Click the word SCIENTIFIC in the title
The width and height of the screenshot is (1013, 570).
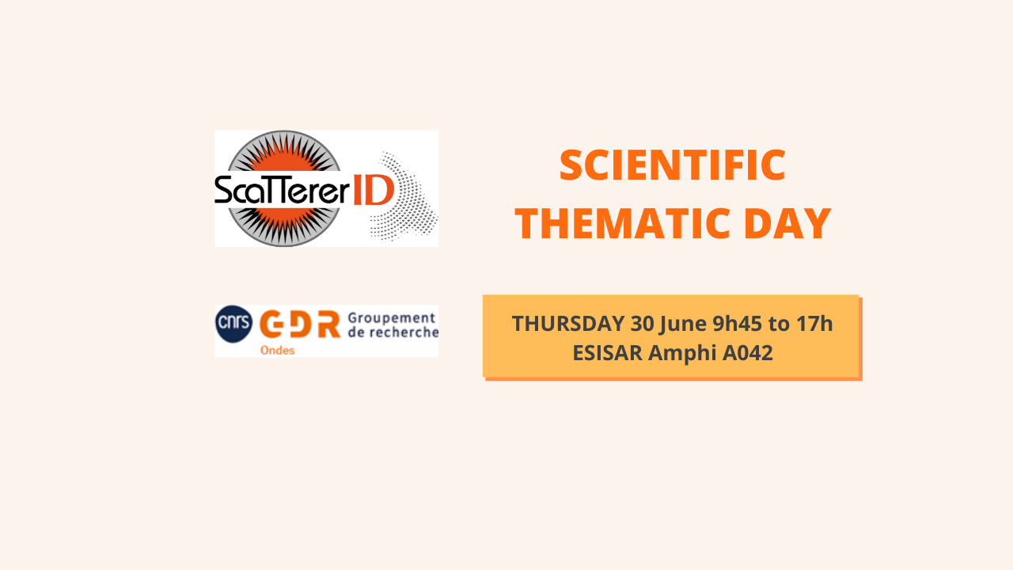point(673,165)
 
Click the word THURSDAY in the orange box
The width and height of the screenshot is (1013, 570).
point(568,324)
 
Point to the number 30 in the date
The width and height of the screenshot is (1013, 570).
point(642,324)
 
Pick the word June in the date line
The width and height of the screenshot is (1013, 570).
point(683,325)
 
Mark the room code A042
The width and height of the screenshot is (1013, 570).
point(748,353)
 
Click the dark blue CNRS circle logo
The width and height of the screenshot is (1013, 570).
point(233,324)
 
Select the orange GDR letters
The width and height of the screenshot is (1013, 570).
point(299,324)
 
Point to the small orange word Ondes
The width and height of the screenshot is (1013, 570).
point(277,350)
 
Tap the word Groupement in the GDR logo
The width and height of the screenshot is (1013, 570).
point(392,319)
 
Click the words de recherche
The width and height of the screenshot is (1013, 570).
point(393,332)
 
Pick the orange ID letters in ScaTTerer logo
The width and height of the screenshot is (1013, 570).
point(373,191)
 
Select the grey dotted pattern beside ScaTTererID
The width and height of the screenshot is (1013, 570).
point(404,196)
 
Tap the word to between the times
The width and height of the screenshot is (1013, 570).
point(779,324)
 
